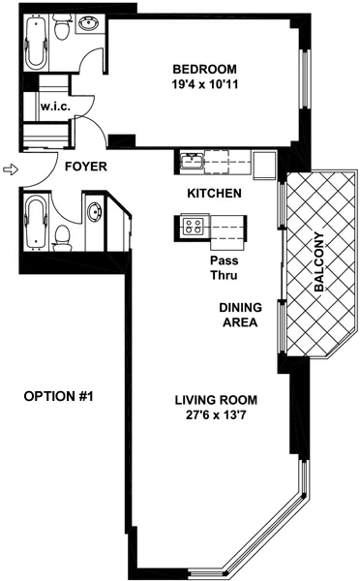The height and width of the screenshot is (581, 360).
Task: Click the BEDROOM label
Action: point(203,69)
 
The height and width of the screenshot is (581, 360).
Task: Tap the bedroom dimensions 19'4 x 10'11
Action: point(203,84)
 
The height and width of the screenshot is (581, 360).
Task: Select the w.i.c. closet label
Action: point(52,107)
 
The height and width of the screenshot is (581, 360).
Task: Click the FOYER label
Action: point(85,167)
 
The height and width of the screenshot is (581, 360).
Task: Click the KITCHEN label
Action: point(214,194)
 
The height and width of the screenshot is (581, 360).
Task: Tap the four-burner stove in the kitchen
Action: point(192,228)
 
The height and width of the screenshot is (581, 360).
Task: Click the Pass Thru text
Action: point(224,267)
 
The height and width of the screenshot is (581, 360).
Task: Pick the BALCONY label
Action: point(318,258)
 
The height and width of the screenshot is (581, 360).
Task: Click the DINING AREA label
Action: point(237,315)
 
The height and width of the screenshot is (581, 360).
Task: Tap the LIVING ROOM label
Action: point(214,400)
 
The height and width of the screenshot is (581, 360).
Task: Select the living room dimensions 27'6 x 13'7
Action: point(214,415)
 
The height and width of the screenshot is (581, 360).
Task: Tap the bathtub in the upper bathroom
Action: point(35,42)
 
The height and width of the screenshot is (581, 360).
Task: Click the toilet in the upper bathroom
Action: point(62,33)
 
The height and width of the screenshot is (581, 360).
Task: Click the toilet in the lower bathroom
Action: point(61,235)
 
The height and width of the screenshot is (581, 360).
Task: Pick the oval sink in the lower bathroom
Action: point(95,211)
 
